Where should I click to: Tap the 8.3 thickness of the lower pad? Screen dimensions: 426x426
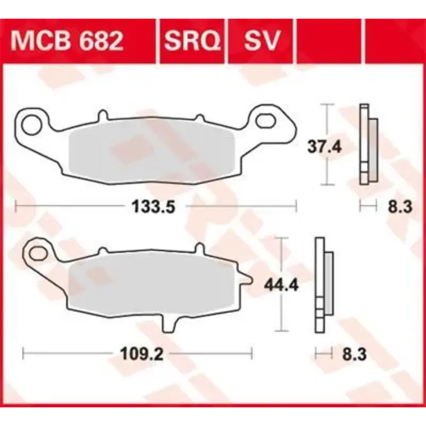click(x=353, y=354)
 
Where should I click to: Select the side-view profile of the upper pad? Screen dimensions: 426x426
click(x=367, y=144)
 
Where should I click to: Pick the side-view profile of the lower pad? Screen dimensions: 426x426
click(x=323, y=285)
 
